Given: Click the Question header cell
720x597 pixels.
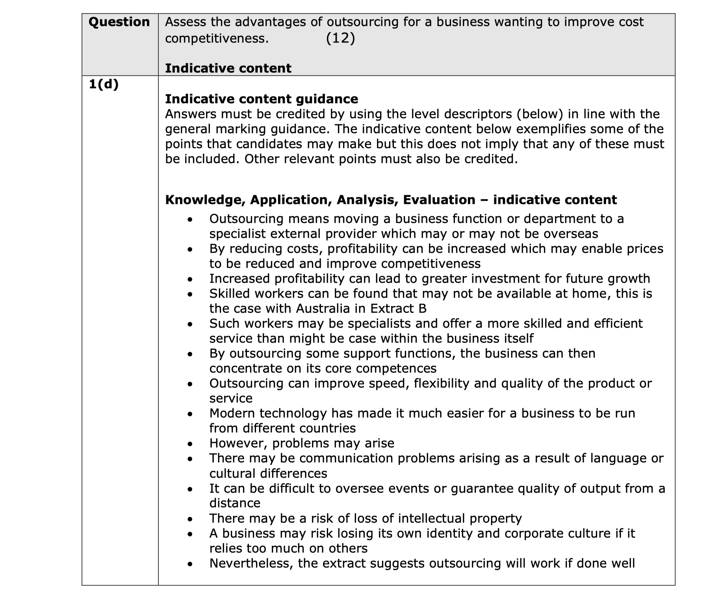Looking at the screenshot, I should [119, 22].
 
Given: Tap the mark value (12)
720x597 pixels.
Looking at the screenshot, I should [340, 38].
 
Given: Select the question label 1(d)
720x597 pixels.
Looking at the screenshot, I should [104, 84].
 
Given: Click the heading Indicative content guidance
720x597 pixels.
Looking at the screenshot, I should [262, 99].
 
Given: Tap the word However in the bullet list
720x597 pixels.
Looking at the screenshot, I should [238, 443].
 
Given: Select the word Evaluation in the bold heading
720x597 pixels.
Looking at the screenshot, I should [439, 200].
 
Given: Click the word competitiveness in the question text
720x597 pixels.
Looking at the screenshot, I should [216, 38].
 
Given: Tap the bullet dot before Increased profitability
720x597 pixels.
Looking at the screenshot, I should [190, 280].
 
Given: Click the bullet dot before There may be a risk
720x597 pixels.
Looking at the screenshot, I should [190, 519].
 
